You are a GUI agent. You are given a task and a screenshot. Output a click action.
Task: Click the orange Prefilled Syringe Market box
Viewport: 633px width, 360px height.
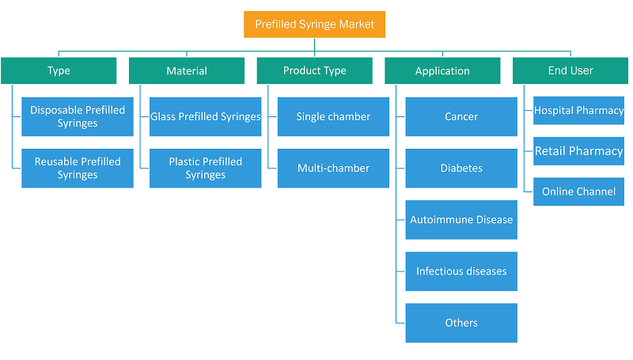pyautogui.click(x=314, y=25)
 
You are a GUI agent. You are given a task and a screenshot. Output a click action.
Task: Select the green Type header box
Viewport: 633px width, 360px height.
pyautogui.click(x=59, y=70)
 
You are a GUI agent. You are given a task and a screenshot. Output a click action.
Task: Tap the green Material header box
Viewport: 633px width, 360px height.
pyautogui.click(x=187, y=70)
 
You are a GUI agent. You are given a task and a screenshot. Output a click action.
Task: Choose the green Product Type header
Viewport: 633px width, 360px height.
pyautogui.click(x=314, y=70)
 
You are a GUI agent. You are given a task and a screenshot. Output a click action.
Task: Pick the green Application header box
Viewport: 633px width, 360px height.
pyautogui.click(x=442, y=70)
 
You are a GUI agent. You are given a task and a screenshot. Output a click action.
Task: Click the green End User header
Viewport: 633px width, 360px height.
pyautogui.click(x=570, y=70)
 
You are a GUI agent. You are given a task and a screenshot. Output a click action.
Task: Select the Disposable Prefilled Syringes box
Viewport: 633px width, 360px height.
pyautogui.click(x=78, y=116)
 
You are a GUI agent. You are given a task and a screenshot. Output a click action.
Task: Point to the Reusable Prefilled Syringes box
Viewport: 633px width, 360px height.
pyautogui.click(x=78, y=169)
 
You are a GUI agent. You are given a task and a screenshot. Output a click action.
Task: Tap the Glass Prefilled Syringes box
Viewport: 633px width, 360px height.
pyautogui.click(x=206, y=116)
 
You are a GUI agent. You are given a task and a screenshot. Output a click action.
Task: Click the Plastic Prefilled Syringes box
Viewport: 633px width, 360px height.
pyautogui.click(x=206, y=169)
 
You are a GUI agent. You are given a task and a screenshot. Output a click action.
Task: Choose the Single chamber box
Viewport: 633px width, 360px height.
pyautogui.click(x=333, y=116)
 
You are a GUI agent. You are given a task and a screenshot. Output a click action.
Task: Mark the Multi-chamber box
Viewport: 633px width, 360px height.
pyautogui.click(x=333, y=169)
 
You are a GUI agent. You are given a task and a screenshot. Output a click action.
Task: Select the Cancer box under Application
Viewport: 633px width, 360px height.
pyautogui.click(x=461, y=116)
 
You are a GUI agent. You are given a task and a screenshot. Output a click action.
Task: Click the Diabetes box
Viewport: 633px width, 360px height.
pyautogui.click(x=461, y=169)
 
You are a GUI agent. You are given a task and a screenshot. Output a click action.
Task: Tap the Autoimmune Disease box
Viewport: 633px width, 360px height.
pyautogui.click(x=461, y=220)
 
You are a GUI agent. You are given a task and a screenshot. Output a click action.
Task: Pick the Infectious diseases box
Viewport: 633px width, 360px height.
pyautogui.click(x=461, y=271)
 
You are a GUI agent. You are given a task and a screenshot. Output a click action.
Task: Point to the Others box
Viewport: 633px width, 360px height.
pyautogui.click(x=461, y=323)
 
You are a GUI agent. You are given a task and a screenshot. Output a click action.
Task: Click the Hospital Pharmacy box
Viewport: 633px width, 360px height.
pyautogui.click(x=579, y=111)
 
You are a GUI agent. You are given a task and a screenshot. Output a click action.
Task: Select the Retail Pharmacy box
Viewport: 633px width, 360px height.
pyautogui.click(x=579, y=151)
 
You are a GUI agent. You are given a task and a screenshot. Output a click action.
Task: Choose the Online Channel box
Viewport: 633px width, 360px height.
pyautogui.click(x=579, y=191)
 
